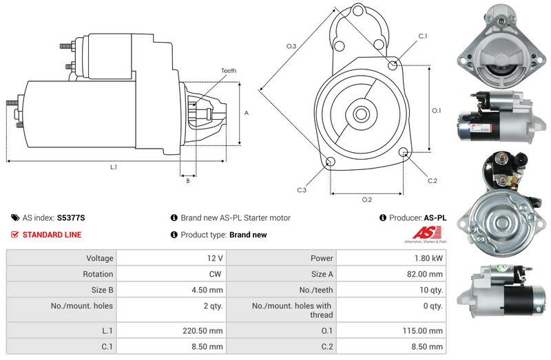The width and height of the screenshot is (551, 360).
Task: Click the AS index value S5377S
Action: point(71,218)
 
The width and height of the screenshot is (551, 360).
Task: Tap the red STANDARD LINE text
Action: point(52,235)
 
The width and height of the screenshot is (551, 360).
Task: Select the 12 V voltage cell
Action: point(214,258)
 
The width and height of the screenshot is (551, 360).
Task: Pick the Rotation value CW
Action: point(216,274)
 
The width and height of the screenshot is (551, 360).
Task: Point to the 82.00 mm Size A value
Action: point(426,274)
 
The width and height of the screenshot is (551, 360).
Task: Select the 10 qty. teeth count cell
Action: point(430,290)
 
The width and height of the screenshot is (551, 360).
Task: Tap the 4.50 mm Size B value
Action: point(208,290)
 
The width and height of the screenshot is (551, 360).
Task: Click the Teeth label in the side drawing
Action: point(229,71)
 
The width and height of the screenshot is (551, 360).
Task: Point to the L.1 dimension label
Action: point(114,167)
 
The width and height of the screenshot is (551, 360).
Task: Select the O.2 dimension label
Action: point(367,200)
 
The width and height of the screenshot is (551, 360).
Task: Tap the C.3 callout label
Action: point(302,189)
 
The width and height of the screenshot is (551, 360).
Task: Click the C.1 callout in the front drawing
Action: point(422,36)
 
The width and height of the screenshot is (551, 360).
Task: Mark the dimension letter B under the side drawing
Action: point(187,181)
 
